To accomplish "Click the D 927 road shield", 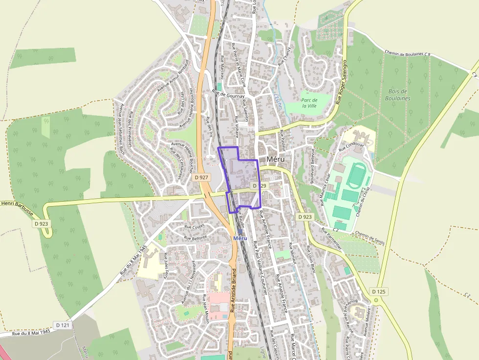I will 201,177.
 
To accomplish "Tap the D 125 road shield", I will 379,292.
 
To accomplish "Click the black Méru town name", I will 277,159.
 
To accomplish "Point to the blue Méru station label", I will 240,238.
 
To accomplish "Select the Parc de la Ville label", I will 309,103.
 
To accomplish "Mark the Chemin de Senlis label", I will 370,237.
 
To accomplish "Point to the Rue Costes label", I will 194,227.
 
